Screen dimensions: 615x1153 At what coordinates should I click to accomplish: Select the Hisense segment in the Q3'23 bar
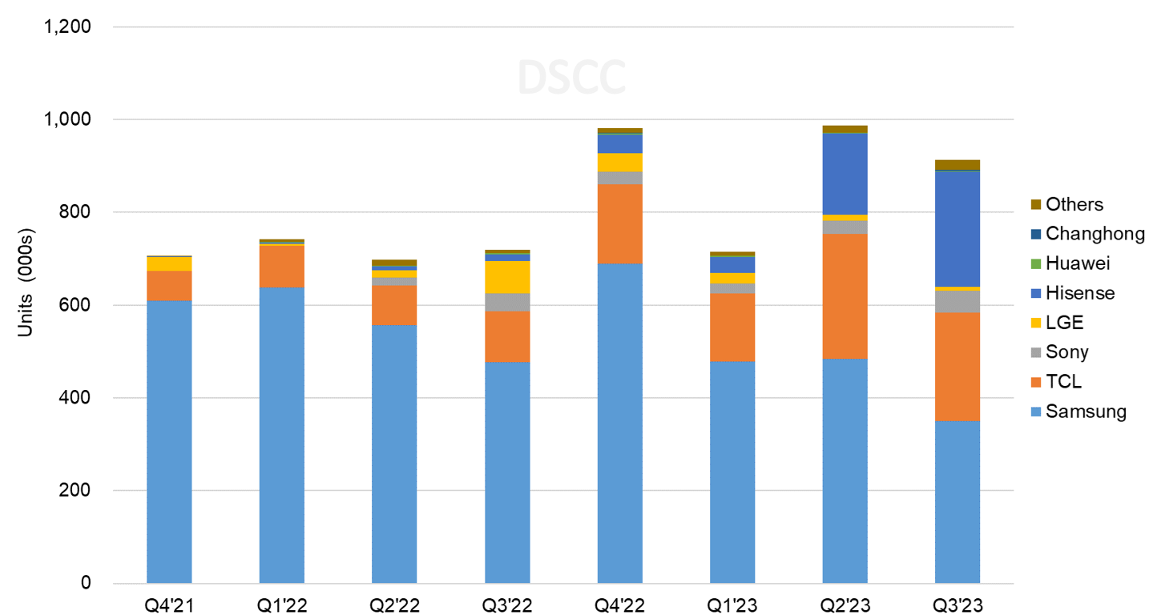coord(957,229)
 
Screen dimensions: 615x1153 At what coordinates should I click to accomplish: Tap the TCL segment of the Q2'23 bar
coord(845,295)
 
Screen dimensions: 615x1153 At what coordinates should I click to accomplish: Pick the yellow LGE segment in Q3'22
coord(507,276)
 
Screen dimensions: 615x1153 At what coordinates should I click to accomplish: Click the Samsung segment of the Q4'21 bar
coord(169,441)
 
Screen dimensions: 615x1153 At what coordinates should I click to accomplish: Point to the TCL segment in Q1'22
coord(282,267)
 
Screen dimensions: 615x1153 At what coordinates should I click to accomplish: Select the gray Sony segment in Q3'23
coord(957,301)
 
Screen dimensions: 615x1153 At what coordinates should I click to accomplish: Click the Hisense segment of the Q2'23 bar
coord(845,174)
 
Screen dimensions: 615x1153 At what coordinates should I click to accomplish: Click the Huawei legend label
coord(1078,263)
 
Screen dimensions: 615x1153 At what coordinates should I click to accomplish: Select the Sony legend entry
coord(1066,352)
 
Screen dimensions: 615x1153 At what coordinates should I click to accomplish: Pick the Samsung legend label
coord(1086,412)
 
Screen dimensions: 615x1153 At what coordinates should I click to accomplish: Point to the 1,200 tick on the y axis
coord(68,27)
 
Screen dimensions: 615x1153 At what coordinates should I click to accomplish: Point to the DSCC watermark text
coord(571,77)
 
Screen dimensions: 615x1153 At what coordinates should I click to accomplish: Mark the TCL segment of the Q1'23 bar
coord(732,327)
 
